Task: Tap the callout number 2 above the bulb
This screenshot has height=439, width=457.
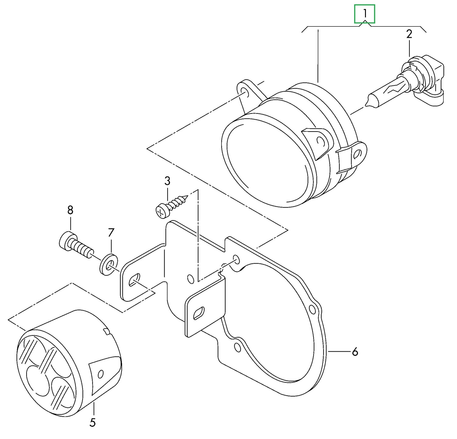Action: pyautogui.click(x=409, y=34)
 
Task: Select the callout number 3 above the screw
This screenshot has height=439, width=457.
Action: pyautogui.click(x=167, y=181)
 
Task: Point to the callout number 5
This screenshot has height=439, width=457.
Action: pyautogui.click(x=93, y=422)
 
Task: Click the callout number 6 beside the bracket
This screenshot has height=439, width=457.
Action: pyautogui.click(x=355, y=352)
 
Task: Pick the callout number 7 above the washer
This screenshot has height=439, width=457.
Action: pyautogui.click(x=111, y=233)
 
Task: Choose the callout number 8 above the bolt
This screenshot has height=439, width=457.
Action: pyautogui.click(x=70, y=210)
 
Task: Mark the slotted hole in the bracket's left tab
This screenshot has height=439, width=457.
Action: pyautogui.click(x=134, y=280)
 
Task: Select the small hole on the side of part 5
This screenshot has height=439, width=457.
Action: pyautogui.click(x=101, y=374)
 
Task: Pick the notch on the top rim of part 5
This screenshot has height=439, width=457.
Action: pyautogui.click(x=106, y=331)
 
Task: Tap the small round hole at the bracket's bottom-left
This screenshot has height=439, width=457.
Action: pyautogui.click(x=237, y=347)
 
